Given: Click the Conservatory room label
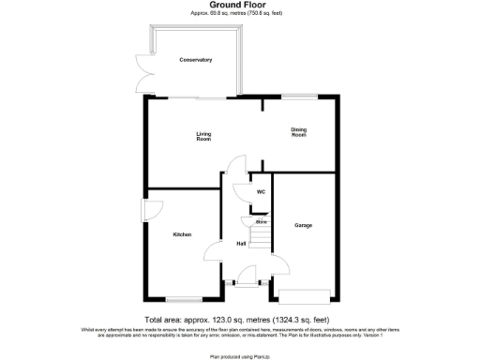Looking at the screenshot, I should (x=196, y=60).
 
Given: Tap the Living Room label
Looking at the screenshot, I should (x=203, y=137).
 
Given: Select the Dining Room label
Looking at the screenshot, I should (x=298, y=132).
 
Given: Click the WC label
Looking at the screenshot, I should (x=262, y=193).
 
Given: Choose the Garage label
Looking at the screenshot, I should (x=303, y=225).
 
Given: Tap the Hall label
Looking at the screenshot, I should (x=241, y=244).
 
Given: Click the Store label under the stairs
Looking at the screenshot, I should (x=262, y=221).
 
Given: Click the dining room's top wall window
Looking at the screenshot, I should (x=300, y=97).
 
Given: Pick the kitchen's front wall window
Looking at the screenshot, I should (x=180, y=299).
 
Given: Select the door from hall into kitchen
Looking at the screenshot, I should (x=214, y=253).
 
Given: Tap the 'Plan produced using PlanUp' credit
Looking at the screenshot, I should (x=239, y=355).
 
